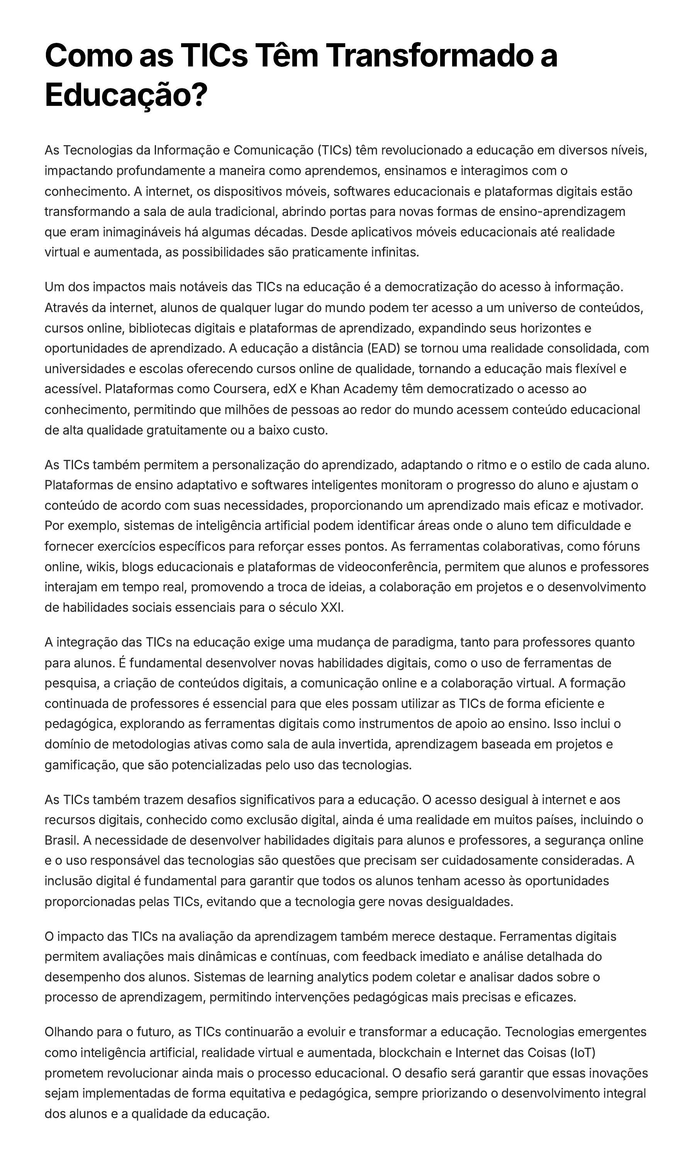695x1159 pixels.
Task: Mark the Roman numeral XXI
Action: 331,608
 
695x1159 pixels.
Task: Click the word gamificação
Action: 82,765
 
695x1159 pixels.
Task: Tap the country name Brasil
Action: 61,840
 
